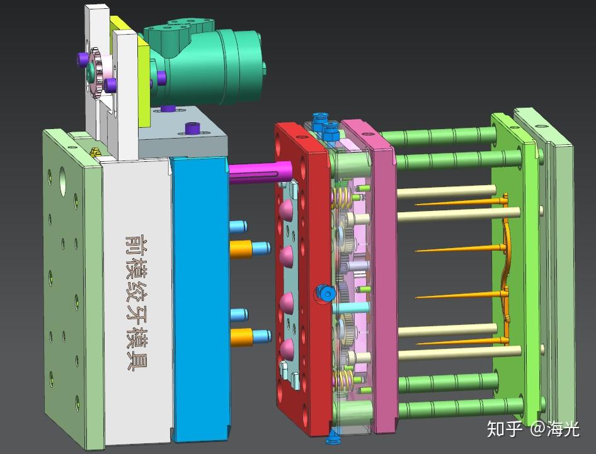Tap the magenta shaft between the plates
point(260,172)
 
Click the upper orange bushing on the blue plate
point(241,249)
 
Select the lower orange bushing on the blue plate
point(242,337)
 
